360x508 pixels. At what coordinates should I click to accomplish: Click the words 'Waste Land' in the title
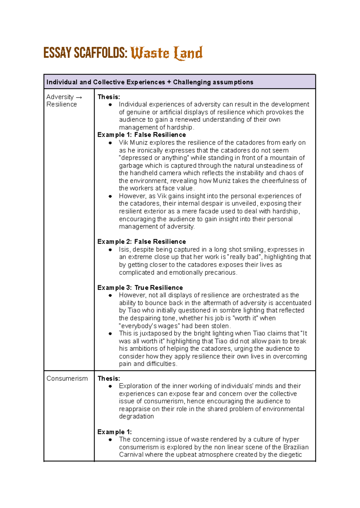pyautogui.click(x=166, y=53)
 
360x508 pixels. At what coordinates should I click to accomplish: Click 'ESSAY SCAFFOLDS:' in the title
pyautogui.click(x=85, y=53)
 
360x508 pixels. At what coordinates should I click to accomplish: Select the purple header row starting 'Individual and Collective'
pyautogui.click(x=179, y=82)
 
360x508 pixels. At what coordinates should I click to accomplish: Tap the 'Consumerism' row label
pyautogui.click(x=67, y=378)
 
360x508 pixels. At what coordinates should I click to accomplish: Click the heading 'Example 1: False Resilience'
pyautogui.click(x=142, y=135)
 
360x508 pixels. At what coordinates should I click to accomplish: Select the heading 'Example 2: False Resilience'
pyautogui.click(x=142, y=241)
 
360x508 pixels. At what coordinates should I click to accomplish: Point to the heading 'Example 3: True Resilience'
pyautogui.click(x=140, y=287)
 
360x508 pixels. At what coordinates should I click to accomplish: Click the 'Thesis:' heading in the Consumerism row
pyautogui.click(x=109, y=378)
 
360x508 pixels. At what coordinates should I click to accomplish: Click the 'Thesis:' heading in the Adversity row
pyautogui.click(x=109, y=97)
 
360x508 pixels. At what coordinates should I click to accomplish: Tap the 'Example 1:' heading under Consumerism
pyautogui.click(x=115, y=432)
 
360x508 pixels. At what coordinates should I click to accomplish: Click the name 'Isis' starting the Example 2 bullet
pyautogui.click(x=124, y=250)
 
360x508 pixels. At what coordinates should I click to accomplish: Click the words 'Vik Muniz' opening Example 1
pyautogui.click(x=133, y=142)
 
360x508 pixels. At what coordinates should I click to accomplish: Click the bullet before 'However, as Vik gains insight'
pyautogui.click(x=110, y=196)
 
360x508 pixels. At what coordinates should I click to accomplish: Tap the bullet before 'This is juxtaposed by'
pyautogui.click(x=110, y=333)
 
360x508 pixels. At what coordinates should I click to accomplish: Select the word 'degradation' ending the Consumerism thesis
pyautogui.click(x=136, y=417)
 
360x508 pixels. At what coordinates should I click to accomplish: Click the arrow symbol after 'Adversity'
pyautogui.click(x=79, y=97)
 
